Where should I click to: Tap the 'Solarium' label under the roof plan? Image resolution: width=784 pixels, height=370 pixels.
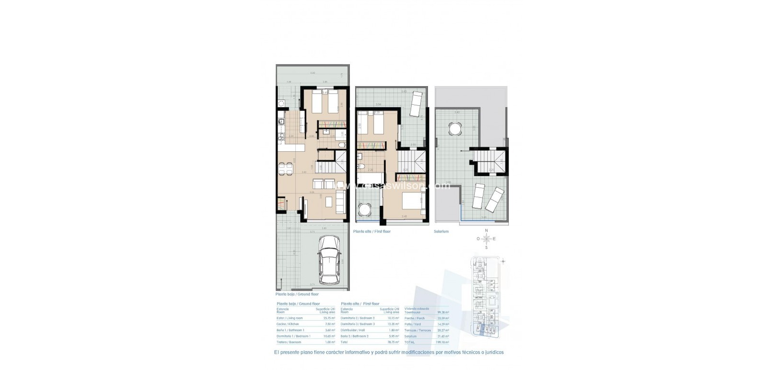442,232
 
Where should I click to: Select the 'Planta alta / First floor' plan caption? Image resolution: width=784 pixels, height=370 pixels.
372,231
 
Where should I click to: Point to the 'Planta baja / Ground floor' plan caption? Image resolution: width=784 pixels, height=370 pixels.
297,294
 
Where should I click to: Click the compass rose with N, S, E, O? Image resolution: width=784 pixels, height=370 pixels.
486,239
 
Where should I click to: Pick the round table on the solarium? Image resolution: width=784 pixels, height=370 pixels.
455,129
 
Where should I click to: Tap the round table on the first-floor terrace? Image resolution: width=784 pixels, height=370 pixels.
365,210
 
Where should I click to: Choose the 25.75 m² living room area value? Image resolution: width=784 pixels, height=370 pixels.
329,318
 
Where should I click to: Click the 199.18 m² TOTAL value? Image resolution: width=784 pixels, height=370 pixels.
440,343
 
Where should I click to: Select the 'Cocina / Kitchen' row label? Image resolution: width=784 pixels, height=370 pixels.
288,324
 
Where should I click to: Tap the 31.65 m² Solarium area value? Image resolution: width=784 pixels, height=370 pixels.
440,336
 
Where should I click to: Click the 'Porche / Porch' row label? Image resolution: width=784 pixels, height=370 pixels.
414,318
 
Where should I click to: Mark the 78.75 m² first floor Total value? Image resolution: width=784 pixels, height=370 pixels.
393,342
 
